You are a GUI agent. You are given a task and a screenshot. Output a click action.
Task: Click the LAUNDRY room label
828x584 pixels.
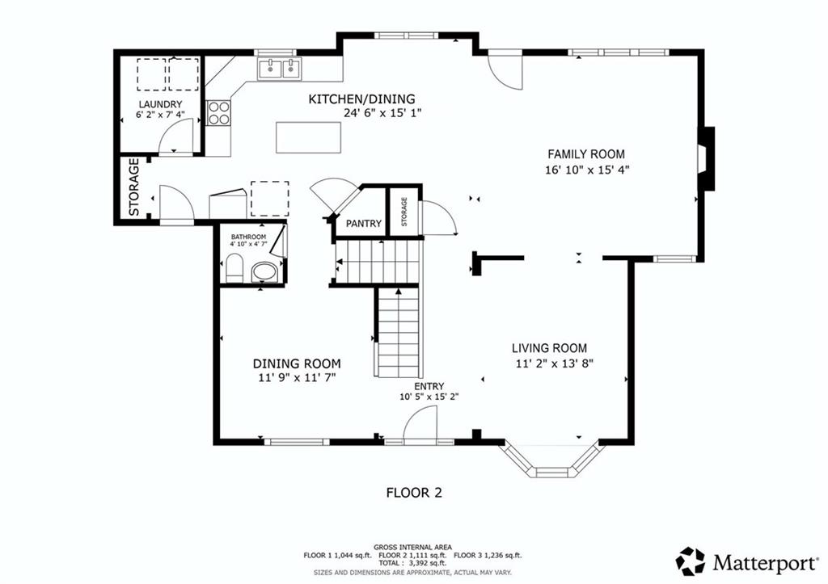[160, 104]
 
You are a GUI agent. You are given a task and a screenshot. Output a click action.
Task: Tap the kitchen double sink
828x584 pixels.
[279, 69]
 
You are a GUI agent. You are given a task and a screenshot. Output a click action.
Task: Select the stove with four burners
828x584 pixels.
[218, 113]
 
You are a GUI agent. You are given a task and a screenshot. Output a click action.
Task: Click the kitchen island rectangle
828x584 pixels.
[308, 137]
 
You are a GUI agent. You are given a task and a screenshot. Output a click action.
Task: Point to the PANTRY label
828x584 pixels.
[363, 224]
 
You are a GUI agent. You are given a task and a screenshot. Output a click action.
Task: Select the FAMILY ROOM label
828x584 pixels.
[585, 154]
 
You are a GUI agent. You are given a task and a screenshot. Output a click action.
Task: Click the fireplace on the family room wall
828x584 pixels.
[706, 158]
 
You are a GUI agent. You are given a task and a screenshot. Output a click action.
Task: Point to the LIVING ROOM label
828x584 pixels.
[549, 348]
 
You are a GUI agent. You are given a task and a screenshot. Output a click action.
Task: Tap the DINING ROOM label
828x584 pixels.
[296, 363]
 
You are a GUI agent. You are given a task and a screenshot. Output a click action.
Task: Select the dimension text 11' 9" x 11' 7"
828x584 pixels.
[297, 378]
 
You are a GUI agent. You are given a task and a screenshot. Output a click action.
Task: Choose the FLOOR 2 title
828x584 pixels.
[414, 493]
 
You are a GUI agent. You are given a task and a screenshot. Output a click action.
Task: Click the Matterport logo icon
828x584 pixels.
[691, 561]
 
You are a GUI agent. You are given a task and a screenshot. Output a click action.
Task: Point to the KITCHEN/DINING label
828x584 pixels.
[361, 99]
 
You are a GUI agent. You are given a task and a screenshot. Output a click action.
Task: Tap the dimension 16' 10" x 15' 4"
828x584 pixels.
[587, 170]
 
